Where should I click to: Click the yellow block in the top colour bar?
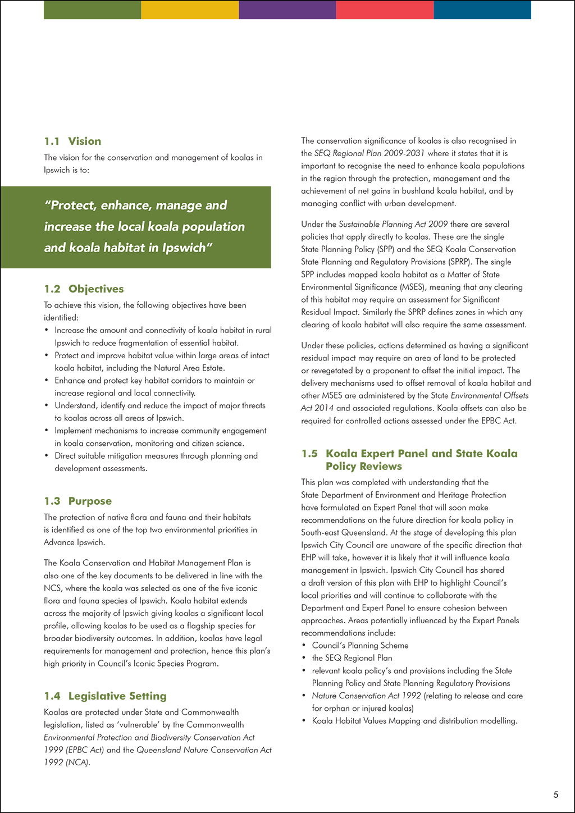(x=190, y=10)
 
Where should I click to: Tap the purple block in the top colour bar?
(x=287, y=10)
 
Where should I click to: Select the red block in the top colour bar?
(x=385, y=10)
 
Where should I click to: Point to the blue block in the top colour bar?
(x=482, y=10)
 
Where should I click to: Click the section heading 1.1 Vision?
(x=72, y=141)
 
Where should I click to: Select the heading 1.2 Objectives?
(x=84, y=289)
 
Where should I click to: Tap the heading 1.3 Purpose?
(x=77, y=501)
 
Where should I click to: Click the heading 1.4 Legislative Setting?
(x=105, y=696)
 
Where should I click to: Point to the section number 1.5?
(x=309, y=453)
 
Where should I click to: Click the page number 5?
(x=556, y=794)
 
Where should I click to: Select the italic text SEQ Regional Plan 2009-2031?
(x=369, y=153)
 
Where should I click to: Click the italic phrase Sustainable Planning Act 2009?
(x=393, y=224)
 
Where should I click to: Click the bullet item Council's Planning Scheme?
(x=360, y=646)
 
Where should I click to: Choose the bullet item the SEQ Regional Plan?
(x=352, y=658)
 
